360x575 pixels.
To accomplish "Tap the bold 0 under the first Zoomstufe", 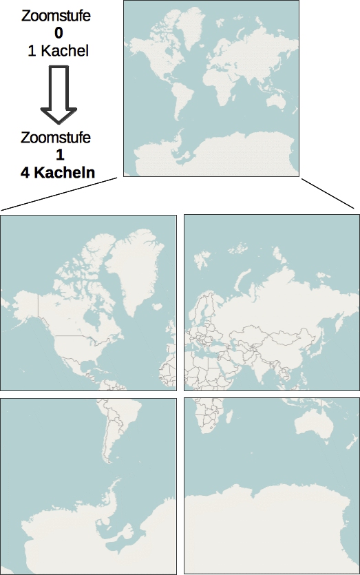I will (x=55, y=32).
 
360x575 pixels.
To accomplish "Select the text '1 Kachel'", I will (x=55, y=50).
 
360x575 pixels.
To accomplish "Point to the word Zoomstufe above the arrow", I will (x=55, y=14).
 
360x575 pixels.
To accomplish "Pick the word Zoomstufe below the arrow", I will (x=56, y=138).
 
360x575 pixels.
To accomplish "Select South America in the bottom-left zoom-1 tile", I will (x=113, y=427).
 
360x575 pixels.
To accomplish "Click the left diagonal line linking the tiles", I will (x=62, y=193).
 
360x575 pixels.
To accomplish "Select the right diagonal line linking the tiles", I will (x=327, y=194).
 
